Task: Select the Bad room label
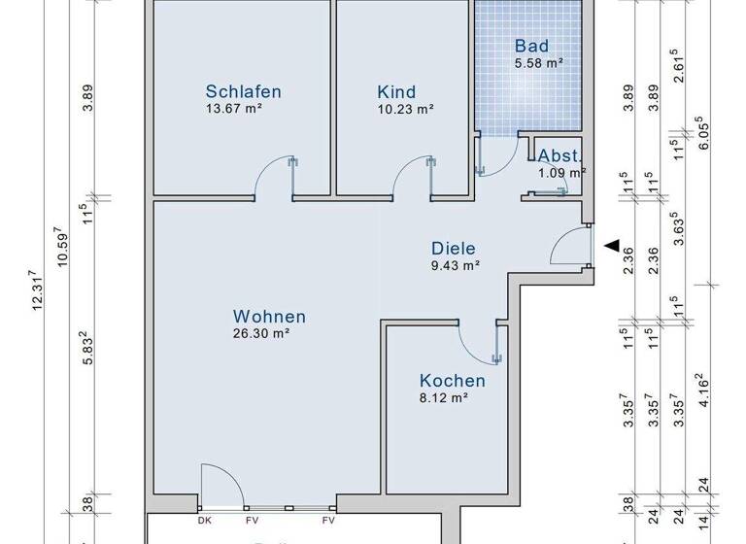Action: (x=532, y=46)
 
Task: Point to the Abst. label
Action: (x=560, y=156)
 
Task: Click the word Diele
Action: (x=455, y=248)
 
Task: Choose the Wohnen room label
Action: (x=269, y=317)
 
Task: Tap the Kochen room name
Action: (x=452, y=381)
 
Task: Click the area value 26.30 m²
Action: (x=262, y=333)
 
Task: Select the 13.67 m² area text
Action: (x=234, y=109)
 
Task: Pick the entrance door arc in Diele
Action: (x=568, y=248)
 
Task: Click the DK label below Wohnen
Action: (x=204, y=521)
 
